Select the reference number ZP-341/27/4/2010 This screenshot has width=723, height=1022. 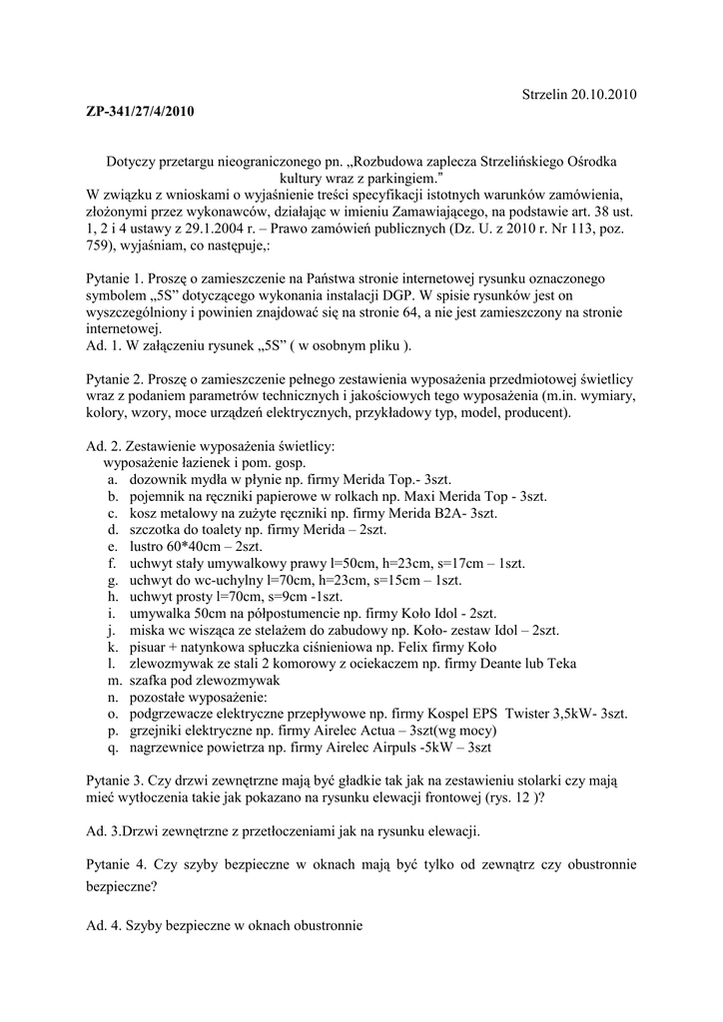tap(139, 111)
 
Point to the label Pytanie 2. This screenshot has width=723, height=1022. tap(117, 380)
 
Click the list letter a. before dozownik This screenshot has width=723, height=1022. tap(110, 480)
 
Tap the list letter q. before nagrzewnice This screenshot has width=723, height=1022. tap(111, 747)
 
